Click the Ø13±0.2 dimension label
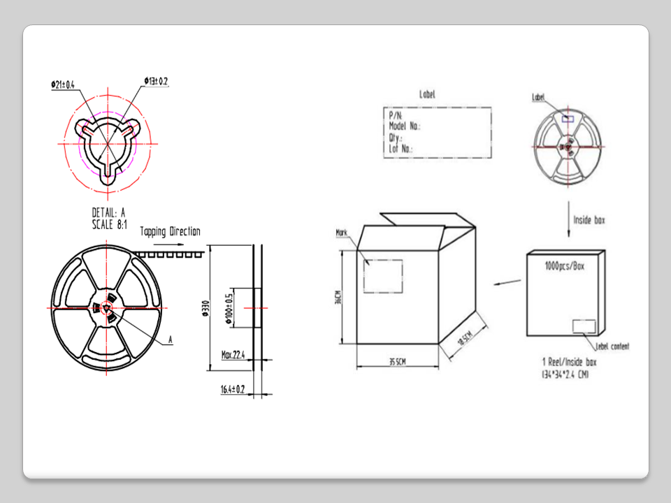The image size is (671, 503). coord(157,82)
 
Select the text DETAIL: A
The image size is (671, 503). coord(108,212)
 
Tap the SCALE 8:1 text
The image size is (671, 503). coord(109,224)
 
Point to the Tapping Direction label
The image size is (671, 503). coord(170,231)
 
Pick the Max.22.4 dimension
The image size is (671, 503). coord(233,355)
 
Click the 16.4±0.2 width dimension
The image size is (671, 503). coord(233,388)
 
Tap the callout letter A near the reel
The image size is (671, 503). coord(170,340)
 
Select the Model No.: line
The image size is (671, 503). coord(404,126)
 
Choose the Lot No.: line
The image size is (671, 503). coord(401,148)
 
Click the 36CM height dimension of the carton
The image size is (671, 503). coord(338,298)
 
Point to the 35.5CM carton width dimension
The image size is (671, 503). coord(397,362)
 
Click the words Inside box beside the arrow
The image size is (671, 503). coord(589,220)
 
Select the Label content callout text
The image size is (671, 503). coord(612,347)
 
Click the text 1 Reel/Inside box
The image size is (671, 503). coord(569,363)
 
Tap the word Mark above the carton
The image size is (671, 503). coord(342,232)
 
